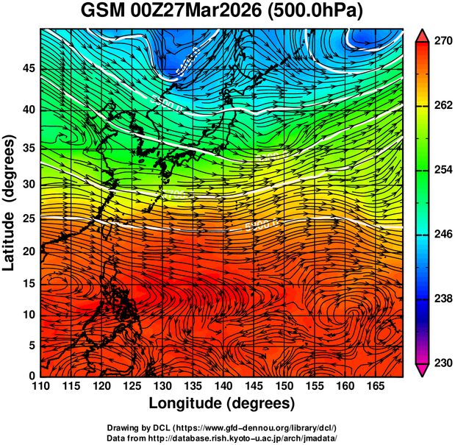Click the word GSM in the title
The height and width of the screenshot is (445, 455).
point(101,12)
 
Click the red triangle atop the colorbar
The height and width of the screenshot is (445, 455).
point(423,36)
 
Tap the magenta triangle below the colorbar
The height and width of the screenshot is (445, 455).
point(423,369)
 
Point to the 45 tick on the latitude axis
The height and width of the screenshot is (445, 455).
point(29,69)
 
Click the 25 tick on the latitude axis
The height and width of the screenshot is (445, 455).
point(29,218)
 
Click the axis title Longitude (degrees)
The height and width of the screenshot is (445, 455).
point(222,404)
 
